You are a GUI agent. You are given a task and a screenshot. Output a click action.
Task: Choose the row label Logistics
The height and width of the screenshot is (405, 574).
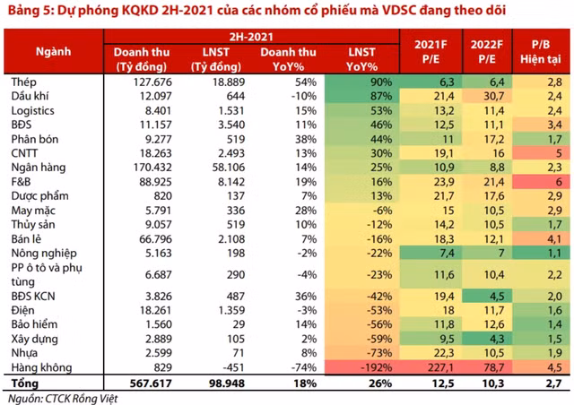tap(33, 110)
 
